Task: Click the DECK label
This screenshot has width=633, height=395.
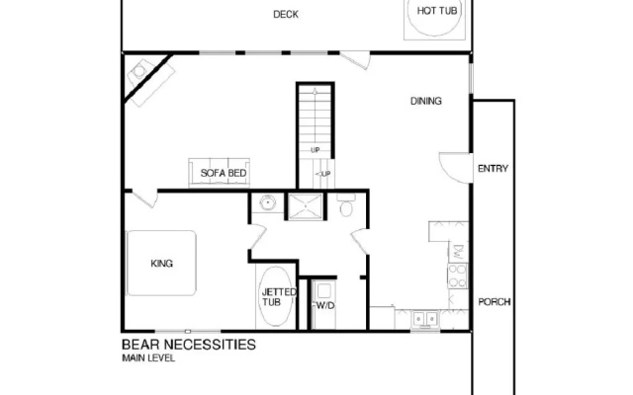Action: tap(286, 15)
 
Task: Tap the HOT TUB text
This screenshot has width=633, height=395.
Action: tap(437, 11)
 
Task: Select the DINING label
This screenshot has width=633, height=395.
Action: tap(426, 101)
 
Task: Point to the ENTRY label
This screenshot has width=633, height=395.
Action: tap(493, 169)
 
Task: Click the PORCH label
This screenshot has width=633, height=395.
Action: tap(495, 302)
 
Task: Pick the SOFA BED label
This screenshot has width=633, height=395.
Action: tap(224, 173)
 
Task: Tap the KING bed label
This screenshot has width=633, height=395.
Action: tap(162, 264)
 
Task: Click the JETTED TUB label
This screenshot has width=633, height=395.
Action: tap(279, 297)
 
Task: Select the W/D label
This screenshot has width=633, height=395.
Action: tap(325, 306)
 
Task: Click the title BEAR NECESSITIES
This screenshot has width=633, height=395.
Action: tap(189, 345)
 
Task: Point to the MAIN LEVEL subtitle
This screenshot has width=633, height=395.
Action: tap(148, 357)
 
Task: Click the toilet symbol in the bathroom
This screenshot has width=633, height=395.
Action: tap(346, 205)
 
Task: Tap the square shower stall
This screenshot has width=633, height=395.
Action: tap(306, 206)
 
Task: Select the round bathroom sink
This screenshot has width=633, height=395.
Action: tap(267, 202)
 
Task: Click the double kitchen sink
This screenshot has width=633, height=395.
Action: tap(425, 319)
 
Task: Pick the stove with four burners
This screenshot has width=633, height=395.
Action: tap(457, 276)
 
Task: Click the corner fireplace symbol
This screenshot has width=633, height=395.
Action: tap(150, 82)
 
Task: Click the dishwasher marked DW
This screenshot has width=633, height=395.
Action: tap(459, 253)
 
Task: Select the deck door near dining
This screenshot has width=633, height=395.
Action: tap(355, 59)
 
